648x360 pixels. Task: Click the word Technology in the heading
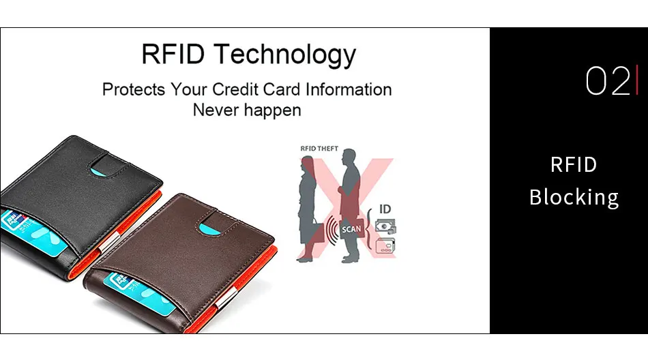coord(284,55)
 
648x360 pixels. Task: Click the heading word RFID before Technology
coord(173,54)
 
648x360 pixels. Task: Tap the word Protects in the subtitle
coord(134,89)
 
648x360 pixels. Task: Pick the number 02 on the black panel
coord(608,81)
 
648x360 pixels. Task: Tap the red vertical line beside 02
coord(637,80)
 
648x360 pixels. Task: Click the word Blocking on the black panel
coord(574,198)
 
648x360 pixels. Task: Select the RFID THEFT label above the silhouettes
coord(319,149)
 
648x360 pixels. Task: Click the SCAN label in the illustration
coord(351,229)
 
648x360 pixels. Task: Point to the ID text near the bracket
coord(385,209)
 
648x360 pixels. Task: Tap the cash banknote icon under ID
coord(385,227)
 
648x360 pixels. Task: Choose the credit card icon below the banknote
coord(385,245)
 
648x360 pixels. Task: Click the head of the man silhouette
coord(349,155)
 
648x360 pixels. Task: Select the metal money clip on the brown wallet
coord(226,299)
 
